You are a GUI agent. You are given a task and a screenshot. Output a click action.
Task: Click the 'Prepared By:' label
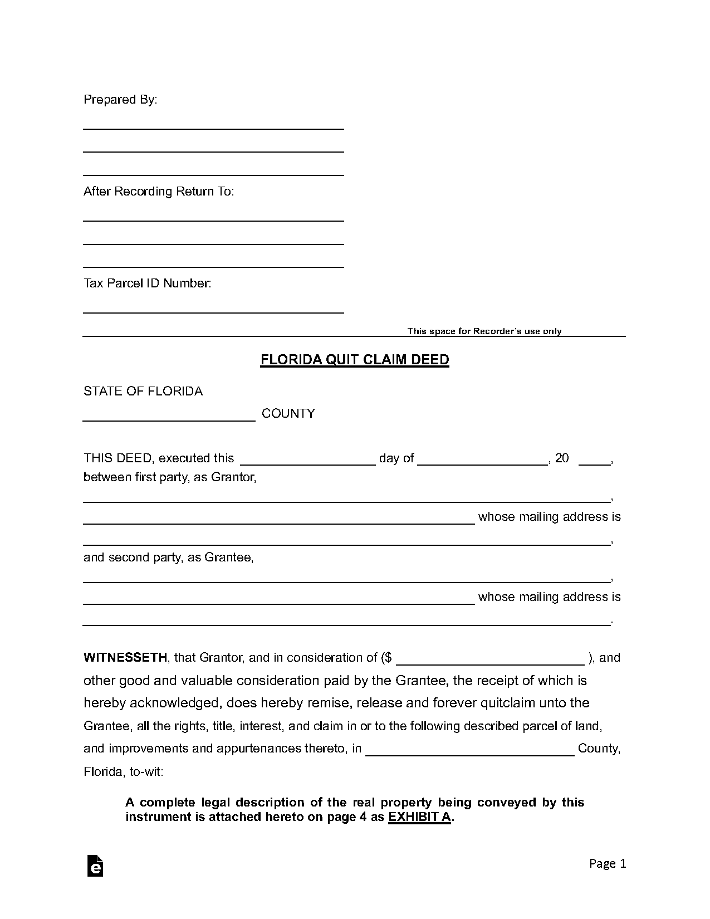pos(120,100)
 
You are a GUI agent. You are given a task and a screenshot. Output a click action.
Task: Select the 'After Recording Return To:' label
pos(159,192)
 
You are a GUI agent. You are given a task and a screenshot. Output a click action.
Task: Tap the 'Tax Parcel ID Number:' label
pos(147,283)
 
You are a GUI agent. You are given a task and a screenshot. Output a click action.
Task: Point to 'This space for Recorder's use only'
pos(484,331)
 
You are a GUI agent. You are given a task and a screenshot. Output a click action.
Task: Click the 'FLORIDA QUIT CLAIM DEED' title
pos(355,360)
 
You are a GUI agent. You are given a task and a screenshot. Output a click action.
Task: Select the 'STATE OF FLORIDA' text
pos(143,392)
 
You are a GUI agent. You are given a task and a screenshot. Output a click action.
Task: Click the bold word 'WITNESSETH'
pos(125,658)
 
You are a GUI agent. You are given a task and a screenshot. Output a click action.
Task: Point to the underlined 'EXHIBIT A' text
pos(419,817)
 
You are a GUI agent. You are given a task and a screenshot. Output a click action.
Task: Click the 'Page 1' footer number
pos(608,864)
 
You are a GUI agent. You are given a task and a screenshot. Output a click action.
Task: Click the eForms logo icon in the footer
pos(95,866)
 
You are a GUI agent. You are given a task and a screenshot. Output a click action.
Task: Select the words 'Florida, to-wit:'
pos(124,772)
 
